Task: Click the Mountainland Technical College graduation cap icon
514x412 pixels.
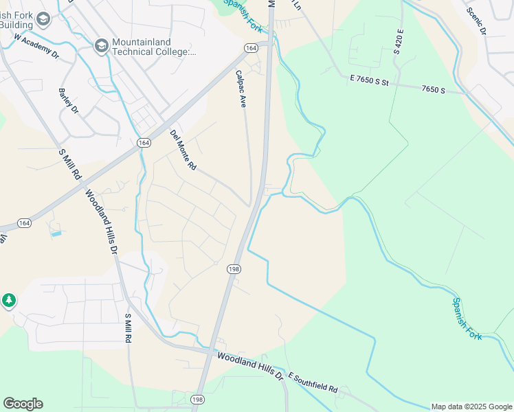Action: coord(101,45)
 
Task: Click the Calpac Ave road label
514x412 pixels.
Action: coord(241,89)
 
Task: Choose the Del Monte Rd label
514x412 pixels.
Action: coord(183,150)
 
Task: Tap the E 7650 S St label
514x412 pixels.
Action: coord(369,80)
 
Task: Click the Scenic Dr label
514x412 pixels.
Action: coord(476,21)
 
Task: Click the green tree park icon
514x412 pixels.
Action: coord(8,301)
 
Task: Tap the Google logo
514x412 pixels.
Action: coord(23,404)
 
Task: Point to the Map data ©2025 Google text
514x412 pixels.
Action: coord(471,407)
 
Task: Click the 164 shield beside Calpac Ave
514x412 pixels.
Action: coord(250,47)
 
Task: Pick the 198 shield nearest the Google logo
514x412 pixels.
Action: coord(198,400)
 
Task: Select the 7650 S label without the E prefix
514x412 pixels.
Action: coord(434,89)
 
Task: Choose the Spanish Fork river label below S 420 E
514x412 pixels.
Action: coord(467,318)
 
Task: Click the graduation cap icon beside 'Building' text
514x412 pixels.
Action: coord(43,19)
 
